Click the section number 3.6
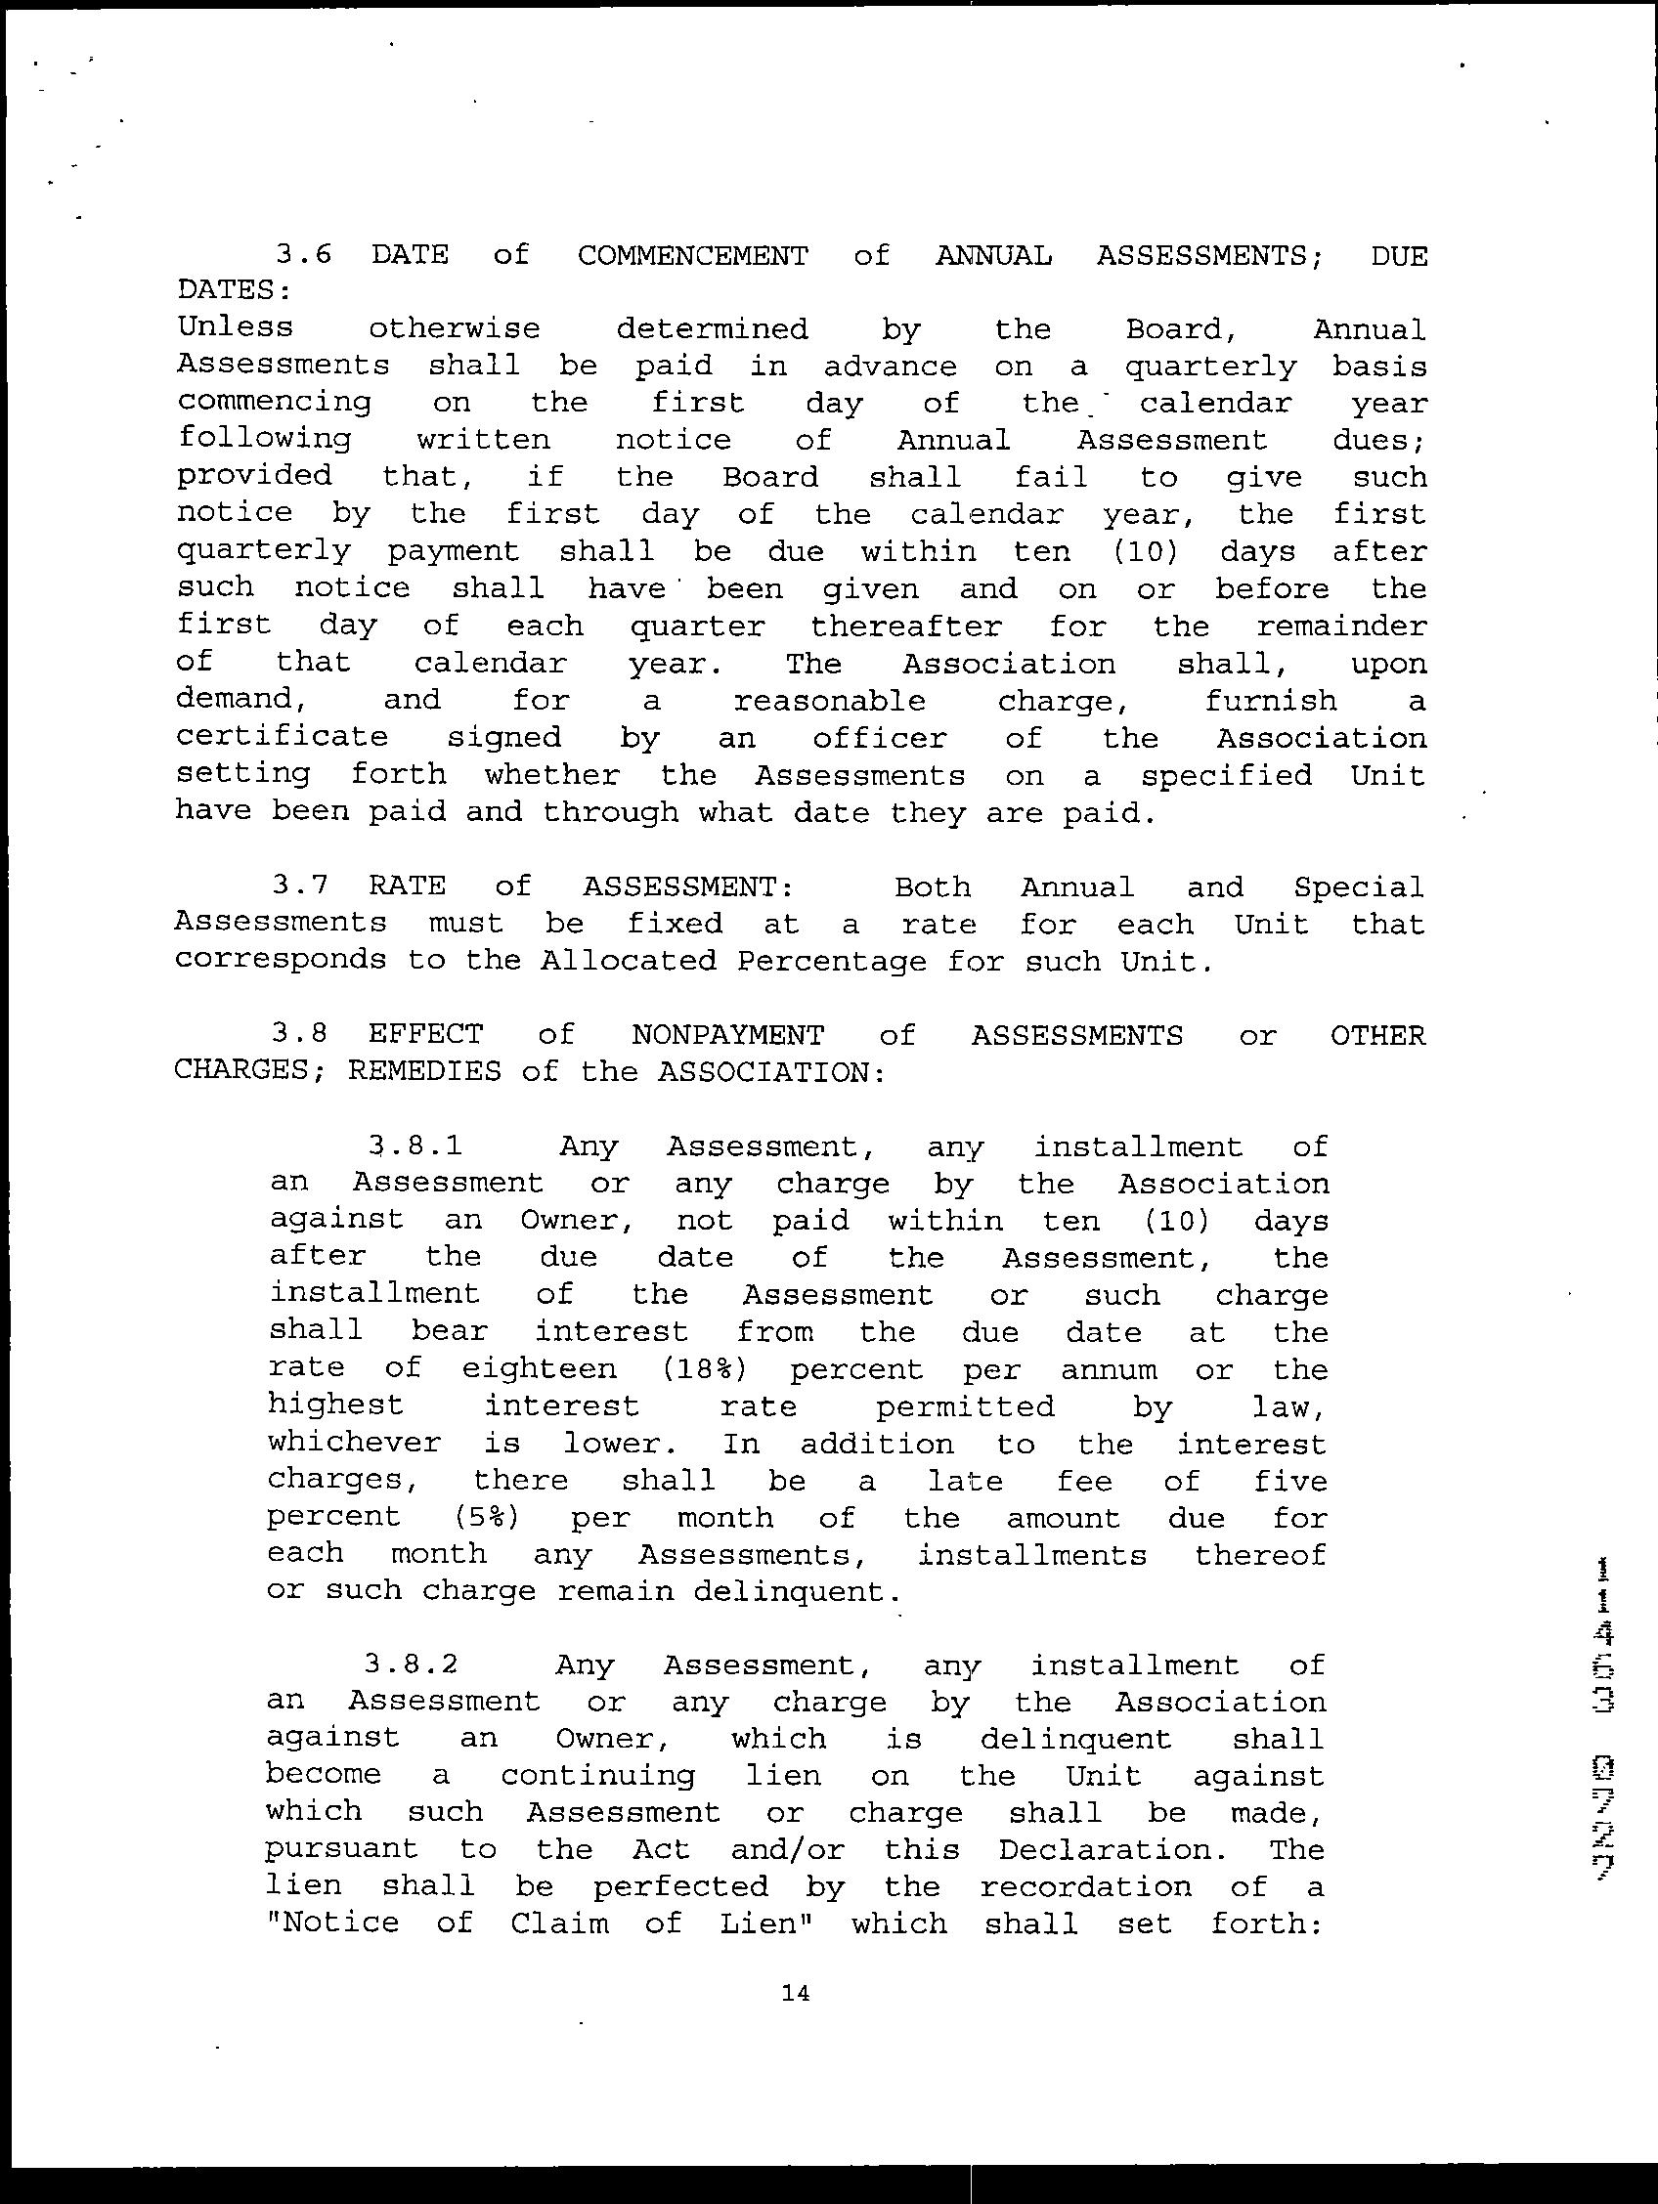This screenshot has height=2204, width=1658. click(x=304, y=255)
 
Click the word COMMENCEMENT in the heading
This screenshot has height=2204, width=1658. click(x=692, y=256)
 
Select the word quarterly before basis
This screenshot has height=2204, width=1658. click(x=1210, y=367)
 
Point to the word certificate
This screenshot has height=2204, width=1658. click(x=282, y=737)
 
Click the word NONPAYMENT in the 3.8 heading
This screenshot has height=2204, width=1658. click(x=727, y=1035)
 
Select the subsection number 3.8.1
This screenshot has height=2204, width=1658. click(x=414, y=1145)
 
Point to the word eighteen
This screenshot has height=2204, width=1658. click(x=539, y=1369)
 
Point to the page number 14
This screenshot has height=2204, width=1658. click(x=796, y=1994)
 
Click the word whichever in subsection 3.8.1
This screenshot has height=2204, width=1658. click(x=355, y=1443)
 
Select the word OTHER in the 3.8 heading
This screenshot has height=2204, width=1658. click(x=1378, y=1035)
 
